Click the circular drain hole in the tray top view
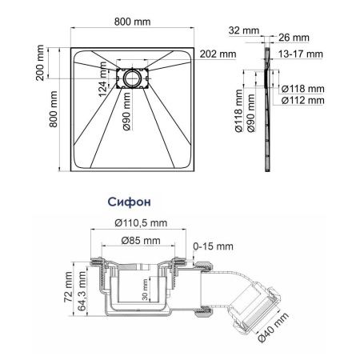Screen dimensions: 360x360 (x=131, y=79)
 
